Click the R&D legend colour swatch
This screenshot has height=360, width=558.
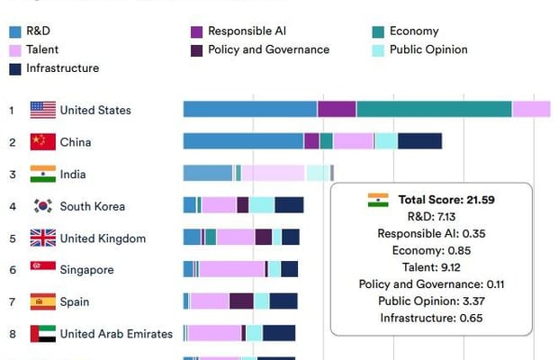tap(15, 31)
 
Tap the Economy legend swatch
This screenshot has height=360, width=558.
tap(379, 31)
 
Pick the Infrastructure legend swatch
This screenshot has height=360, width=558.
tap(15, 68)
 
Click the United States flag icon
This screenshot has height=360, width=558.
tap(42, 110)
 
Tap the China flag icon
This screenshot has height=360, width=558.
tap(42, 142)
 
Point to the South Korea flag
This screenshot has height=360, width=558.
tap(42, 206)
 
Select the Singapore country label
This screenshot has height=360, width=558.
tap(88, 269)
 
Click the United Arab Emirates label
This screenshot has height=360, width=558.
tap(116, 334)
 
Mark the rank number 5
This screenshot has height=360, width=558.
tap(13, 238)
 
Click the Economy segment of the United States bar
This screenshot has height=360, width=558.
tap(434, 109)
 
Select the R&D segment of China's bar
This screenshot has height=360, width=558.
tap(243, 141)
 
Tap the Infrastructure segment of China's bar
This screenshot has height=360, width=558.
tap(419, 141)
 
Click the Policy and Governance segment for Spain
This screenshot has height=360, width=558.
tap(241, 301)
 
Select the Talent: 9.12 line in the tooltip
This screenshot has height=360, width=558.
tap(431, 267)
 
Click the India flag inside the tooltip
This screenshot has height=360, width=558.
tap(378, 200)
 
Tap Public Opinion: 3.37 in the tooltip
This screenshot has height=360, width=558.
tap(431, 301)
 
